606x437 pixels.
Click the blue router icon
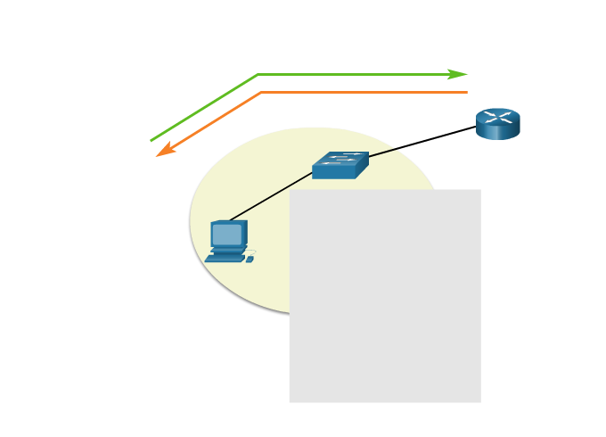(497, 125)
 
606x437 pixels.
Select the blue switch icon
(340, 165)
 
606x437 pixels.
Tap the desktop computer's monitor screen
(227, 234)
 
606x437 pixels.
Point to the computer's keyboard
(225, 258)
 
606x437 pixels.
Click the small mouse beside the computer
(250, 260)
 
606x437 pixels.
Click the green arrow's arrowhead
(459, 74)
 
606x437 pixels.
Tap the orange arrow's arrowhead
(164, 152)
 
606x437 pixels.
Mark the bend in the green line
(258, 75)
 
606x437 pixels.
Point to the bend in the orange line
(261, 92)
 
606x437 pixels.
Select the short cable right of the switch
(382, 153)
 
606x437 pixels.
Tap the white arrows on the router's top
(497, 117)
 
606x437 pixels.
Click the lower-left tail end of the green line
(151, 140)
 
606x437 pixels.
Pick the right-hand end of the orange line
(466, 92)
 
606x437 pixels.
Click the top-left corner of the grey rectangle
(290, 190)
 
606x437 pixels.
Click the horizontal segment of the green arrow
(356, 75)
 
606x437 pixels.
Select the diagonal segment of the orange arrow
(214, 120)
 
